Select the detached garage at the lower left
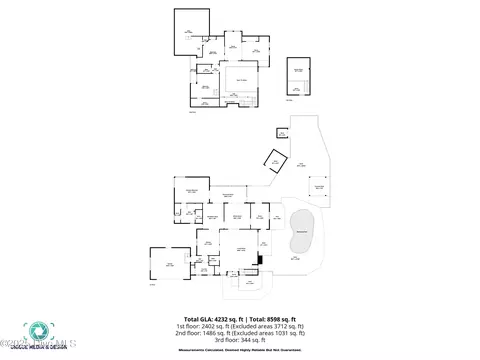click(x=170, y=264)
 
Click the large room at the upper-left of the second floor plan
click(x=191, y=31)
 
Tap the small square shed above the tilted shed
click(x=282, y=132)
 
